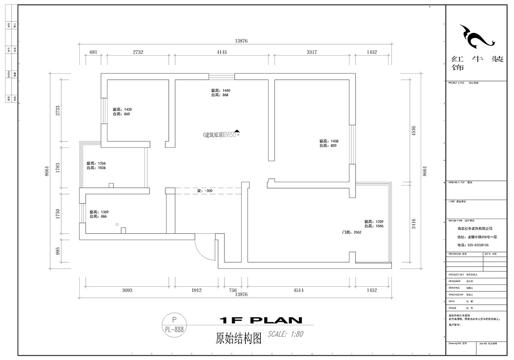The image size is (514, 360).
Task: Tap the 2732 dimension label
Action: tap(137, 52)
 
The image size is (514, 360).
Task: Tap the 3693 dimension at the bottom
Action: tap(127, 290)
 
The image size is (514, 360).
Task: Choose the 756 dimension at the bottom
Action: tap(233, 290)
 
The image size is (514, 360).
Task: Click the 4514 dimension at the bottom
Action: tap(299, 290)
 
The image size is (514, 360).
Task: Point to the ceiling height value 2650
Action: tap(231, 135)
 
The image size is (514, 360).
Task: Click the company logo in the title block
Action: tap(477, 37)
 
